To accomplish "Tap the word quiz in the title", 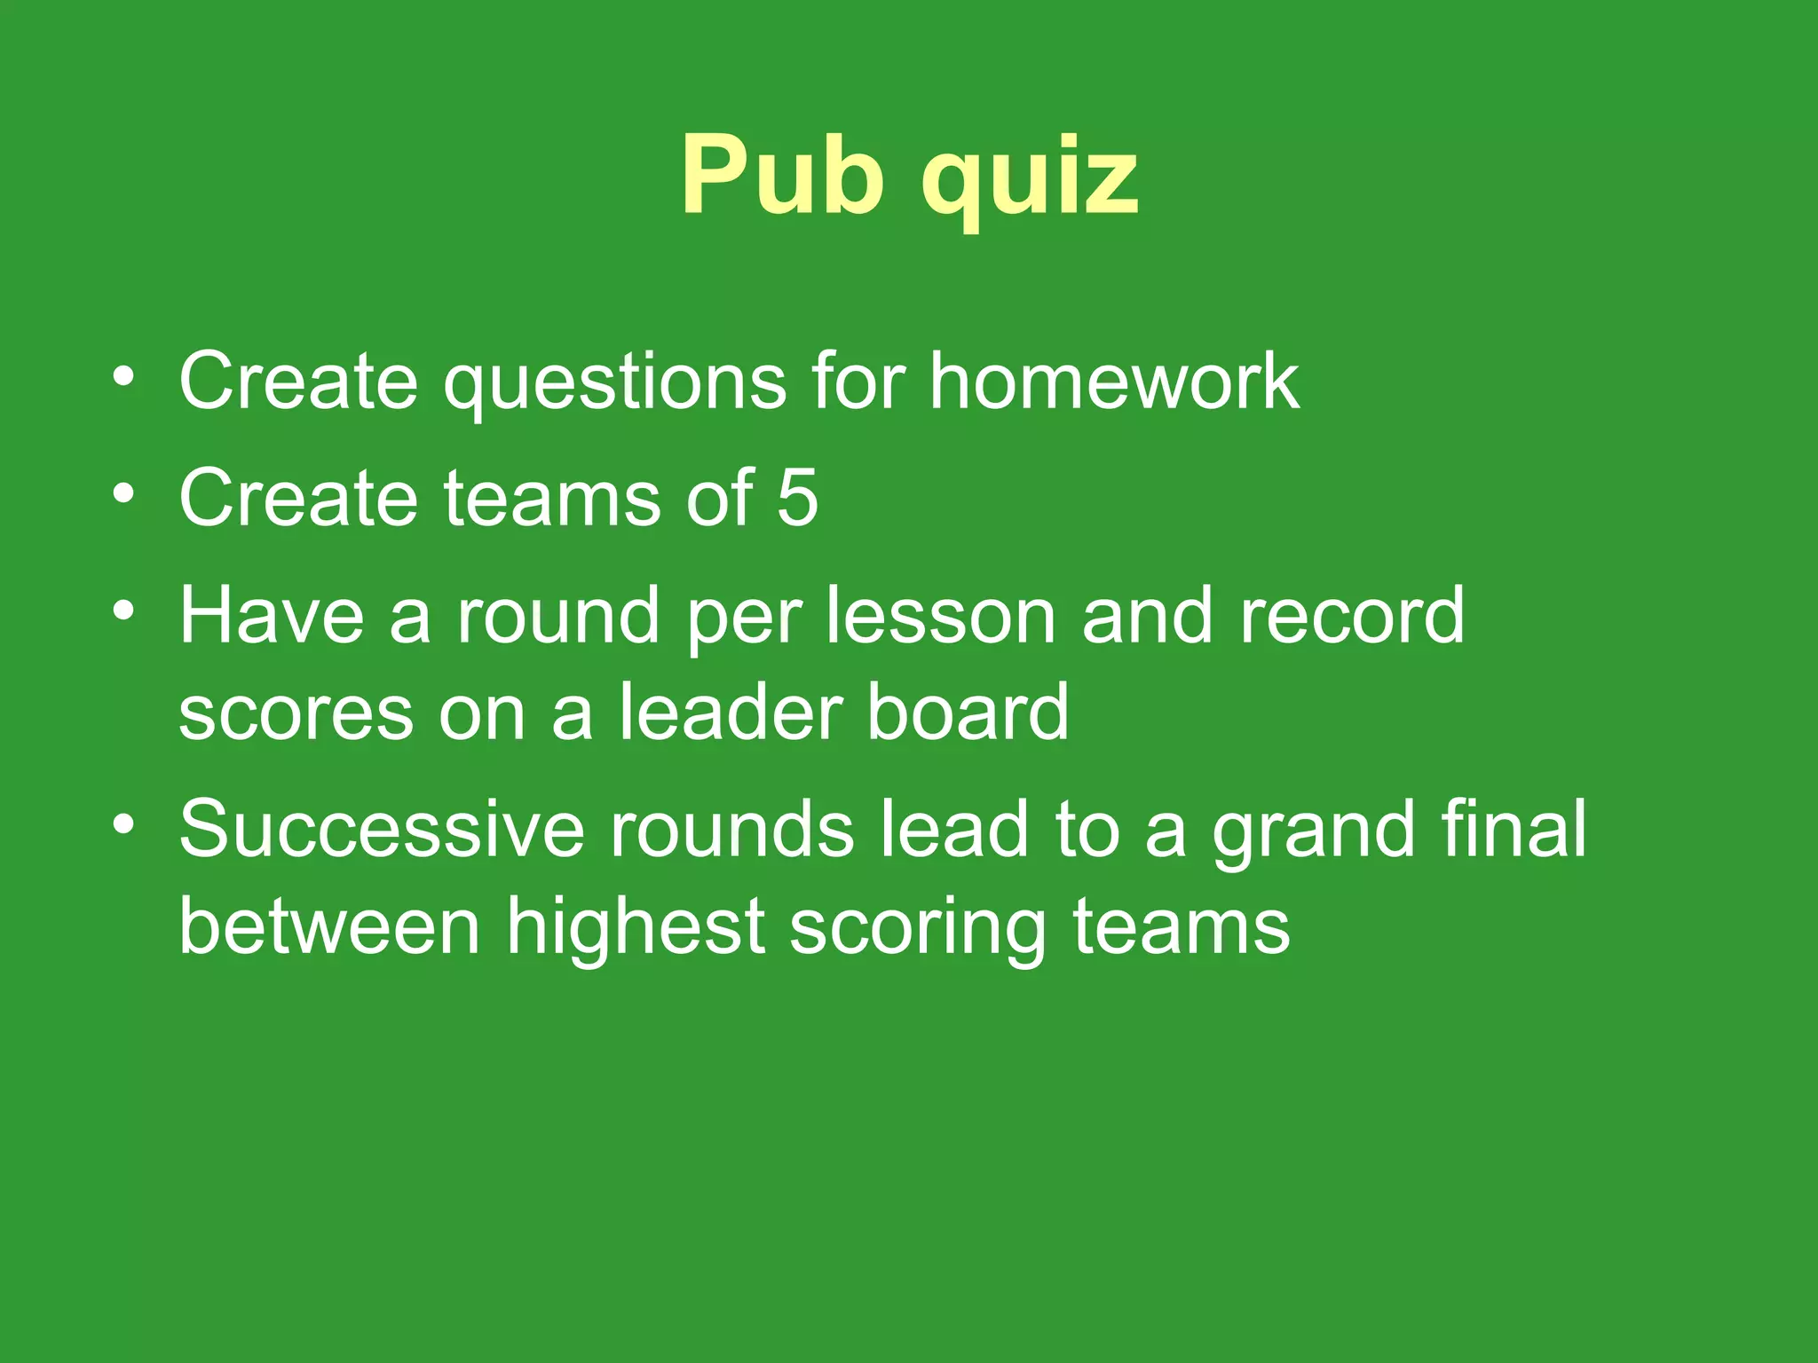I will [1030, 177].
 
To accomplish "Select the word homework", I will [1114, 382].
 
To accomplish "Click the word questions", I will [615, 383].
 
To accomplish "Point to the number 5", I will [797, 499].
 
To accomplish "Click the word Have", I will [272, 616].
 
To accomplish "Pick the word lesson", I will [941, 616].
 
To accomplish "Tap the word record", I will [1351, 616].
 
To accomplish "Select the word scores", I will [296, 713].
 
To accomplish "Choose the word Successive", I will [382, 829].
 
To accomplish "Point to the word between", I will [330, 926].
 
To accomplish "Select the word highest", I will [636, 928].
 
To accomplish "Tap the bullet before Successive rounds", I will [124, 824].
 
